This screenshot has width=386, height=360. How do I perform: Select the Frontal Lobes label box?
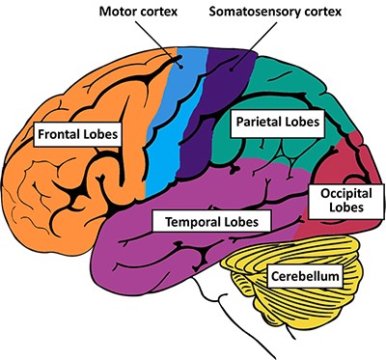[76, 133]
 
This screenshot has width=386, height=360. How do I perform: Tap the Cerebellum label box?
[302, 277]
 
